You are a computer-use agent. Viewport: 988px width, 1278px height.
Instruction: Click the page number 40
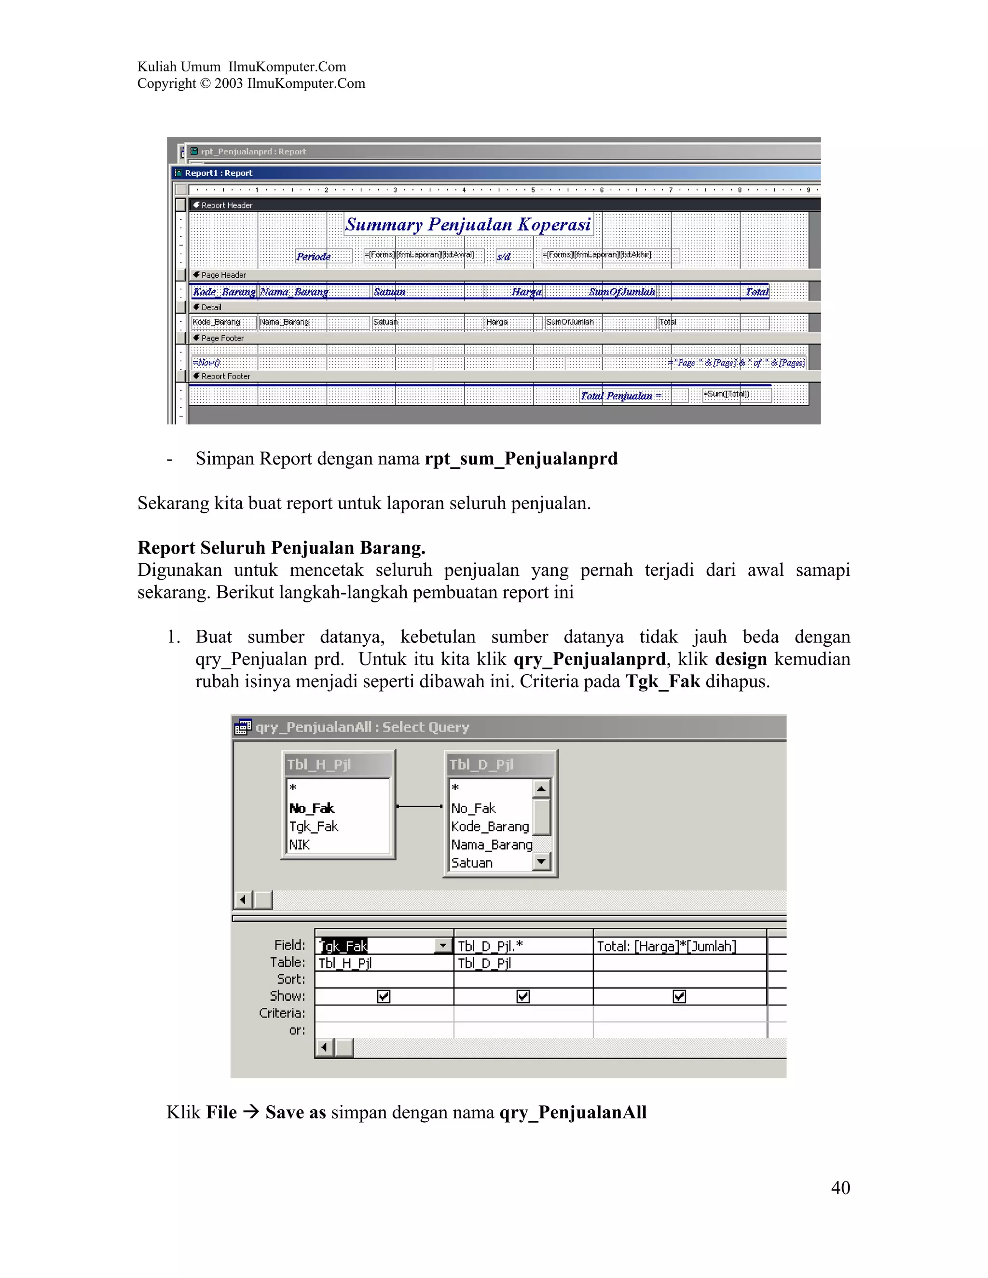840,1187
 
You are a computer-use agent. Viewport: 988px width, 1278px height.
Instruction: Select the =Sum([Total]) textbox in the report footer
736,394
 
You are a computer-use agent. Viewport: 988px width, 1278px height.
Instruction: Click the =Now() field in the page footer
206,363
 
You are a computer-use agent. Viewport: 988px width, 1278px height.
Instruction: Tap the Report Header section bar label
227,205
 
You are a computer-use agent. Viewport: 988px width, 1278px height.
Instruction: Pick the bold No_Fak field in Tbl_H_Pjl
311,809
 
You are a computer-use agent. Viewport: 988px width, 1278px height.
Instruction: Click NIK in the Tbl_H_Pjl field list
299,844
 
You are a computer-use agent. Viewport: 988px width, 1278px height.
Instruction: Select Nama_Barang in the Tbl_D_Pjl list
491,844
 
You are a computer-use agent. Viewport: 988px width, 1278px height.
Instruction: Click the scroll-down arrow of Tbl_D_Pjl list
541,861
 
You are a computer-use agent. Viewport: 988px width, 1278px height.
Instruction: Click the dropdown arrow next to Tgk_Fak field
443,946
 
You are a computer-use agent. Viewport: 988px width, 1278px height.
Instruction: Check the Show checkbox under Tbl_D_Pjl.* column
522,996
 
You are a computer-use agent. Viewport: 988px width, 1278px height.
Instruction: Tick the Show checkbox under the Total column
679,996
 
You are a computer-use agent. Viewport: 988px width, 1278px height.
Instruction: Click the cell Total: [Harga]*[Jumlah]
666,946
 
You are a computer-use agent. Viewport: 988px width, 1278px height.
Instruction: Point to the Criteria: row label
282,1013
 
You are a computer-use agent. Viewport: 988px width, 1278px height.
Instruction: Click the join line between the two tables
419,806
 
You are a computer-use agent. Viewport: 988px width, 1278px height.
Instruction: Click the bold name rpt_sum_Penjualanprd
521,458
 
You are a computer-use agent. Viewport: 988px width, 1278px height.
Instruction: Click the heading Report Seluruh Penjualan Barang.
281,548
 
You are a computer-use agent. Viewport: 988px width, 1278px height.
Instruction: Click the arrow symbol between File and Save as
251,1112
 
